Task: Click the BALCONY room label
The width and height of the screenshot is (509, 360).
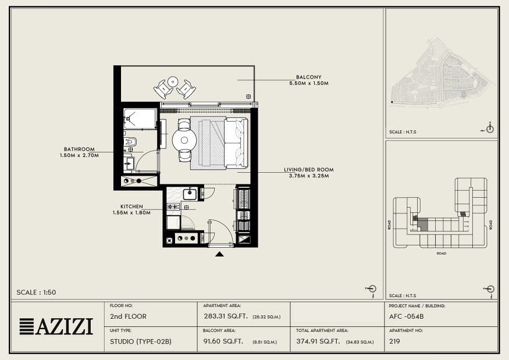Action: tap(309, 77)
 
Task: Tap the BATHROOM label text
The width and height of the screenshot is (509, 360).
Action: tap(79, 149)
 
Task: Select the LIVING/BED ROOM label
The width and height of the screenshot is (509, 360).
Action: tap(309, 170)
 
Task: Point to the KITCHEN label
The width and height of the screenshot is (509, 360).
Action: tap(131, 206)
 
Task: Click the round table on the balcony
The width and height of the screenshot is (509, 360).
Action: tap(173, 81)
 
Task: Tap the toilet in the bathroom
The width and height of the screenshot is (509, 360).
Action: tap(130, 142)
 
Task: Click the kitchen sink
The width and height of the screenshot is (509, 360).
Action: tap(190, 194)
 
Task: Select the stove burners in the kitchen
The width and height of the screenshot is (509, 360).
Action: tap(173, 206)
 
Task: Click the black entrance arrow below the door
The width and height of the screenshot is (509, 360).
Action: tap(219, 254)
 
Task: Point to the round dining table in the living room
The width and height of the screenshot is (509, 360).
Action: tap(184, 140)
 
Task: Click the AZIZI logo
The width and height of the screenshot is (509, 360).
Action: tap(56, 326)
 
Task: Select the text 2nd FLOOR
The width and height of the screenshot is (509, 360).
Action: tap(128, 316)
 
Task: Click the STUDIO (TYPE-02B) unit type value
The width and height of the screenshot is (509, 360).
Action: tap(141, 341)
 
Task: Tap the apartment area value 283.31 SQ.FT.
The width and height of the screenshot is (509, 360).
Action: tap(226, 316)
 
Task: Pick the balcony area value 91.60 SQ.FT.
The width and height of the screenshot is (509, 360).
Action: tap(223, 341)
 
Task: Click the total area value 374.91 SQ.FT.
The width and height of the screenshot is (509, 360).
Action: tap(318, 341)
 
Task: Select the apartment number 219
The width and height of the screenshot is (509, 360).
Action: tap(394, 341)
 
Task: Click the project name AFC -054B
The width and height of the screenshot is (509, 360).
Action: tap(407, 316)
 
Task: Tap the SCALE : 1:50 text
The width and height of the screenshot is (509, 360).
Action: tap(36, 293)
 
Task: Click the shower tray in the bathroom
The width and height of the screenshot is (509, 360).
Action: tap(140, 119)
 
